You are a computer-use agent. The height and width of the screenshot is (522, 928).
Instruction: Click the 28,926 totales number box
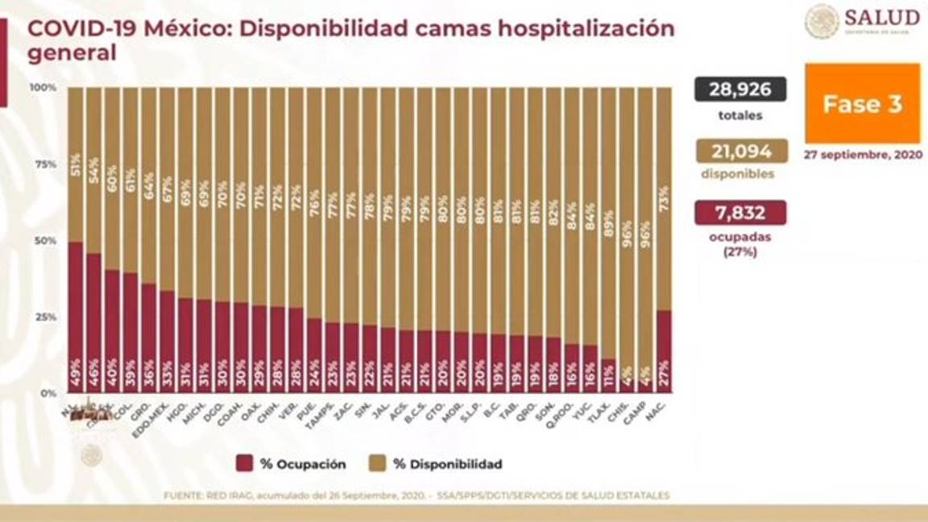(740, 89)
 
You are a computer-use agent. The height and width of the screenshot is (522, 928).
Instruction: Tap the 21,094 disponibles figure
(740, 151)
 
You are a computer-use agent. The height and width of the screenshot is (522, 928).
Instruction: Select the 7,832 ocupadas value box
(740, 213)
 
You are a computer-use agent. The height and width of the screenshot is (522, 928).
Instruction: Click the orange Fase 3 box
(862, 104)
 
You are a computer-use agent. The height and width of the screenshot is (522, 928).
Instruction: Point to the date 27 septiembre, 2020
(862, 155)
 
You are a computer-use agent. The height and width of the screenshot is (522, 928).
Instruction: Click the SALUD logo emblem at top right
(822, 20)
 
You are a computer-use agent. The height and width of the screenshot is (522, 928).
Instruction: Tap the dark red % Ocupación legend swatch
(245, 463)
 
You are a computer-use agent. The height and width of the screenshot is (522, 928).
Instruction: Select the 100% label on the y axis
(43, 87)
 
